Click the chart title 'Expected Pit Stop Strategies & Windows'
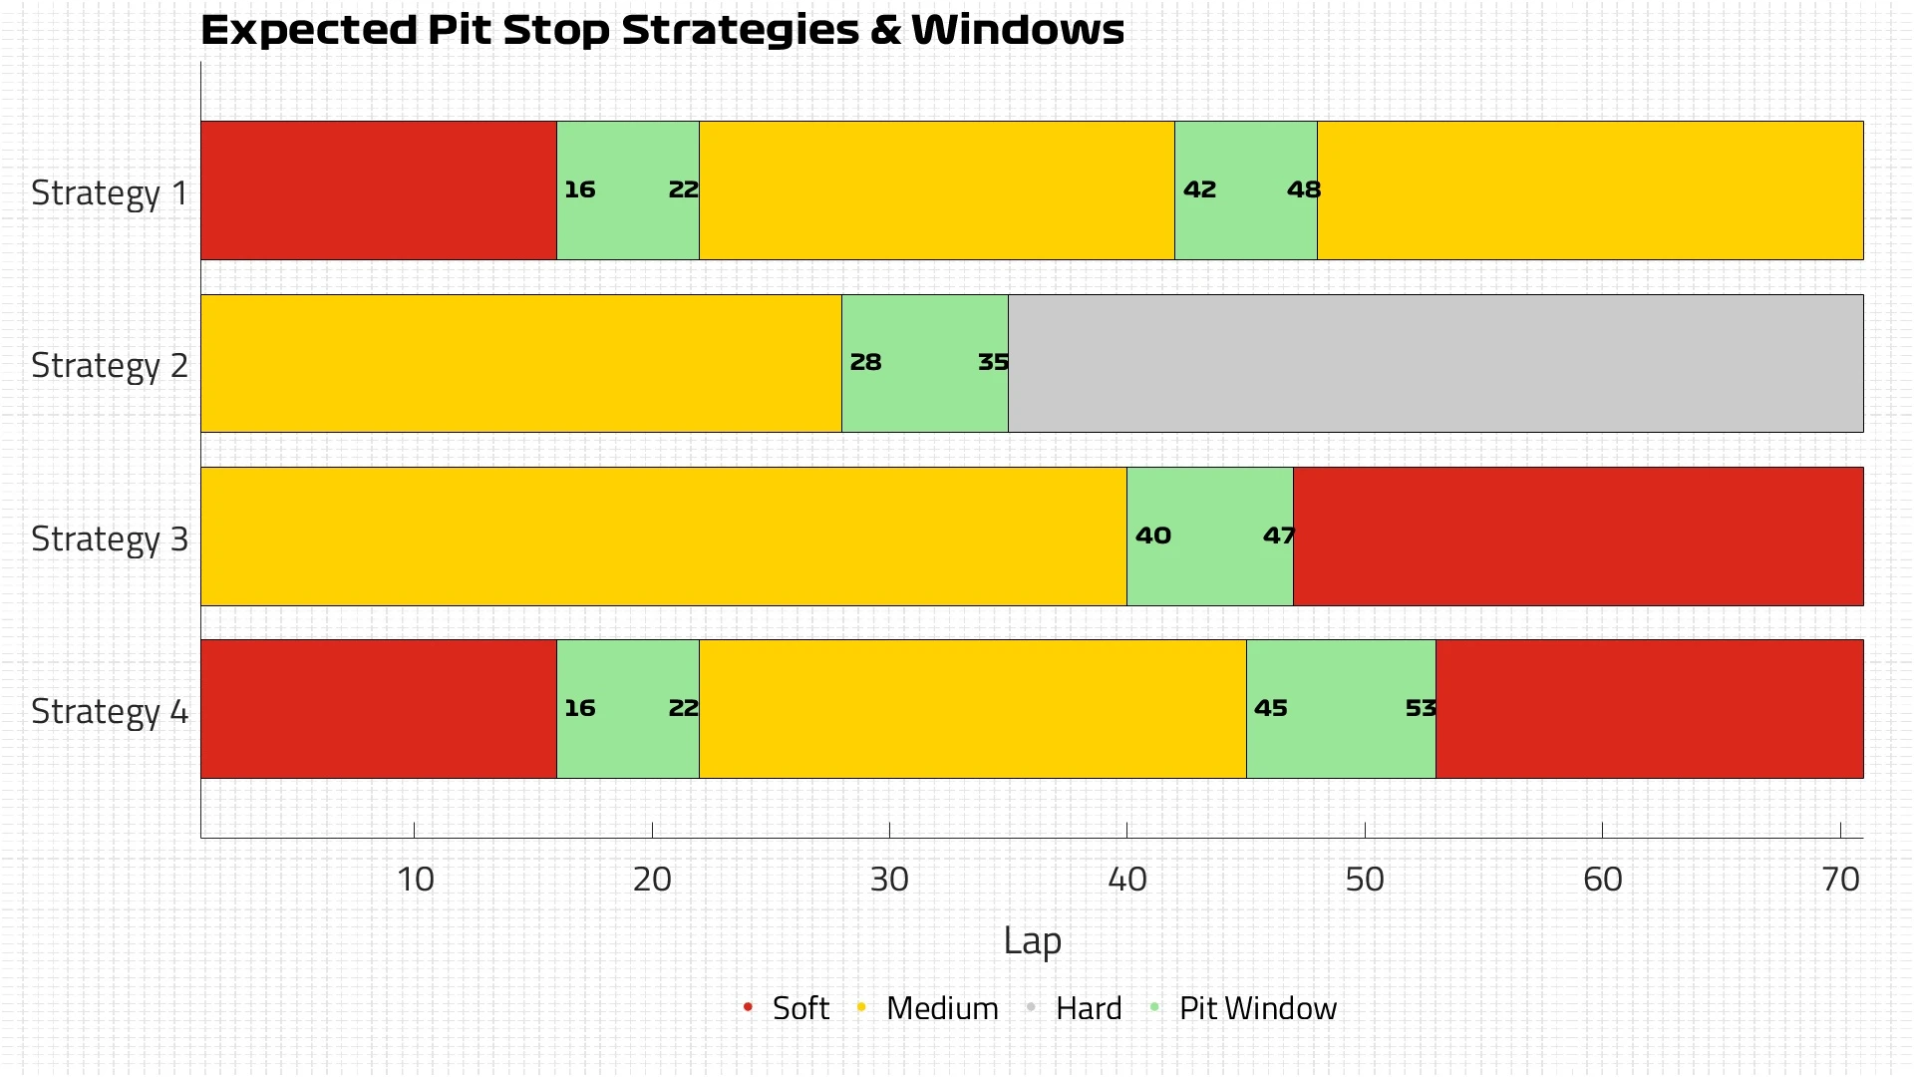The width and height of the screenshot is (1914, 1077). [x=662, y=30]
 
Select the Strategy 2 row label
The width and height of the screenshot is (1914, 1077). [x=109, y=365]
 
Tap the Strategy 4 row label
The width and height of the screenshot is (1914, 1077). [x=109, y=711]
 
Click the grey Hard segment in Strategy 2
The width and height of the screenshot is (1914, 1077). [x=1435, y=363]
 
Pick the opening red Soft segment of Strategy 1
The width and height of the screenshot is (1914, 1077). [x=378, y=190]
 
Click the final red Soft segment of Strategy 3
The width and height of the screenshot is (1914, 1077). [x=1578, y=537]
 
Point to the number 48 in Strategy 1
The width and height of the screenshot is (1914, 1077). [x=1303, y=189]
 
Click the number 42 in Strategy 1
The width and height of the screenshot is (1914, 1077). [x=1199, y=189]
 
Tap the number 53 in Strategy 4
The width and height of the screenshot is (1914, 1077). [x=1421, y=708]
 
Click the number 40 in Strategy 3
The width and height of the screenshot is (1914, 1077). [x=1152, y=536]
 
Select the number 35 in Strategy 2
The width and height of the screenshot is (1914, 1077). [x=993, y=362]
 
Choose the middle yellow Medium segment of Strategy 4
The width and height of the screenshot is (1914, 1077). [x=972, y=709]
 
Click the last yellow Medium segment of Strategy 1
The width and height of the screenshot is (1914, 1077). [x=1590, y=190]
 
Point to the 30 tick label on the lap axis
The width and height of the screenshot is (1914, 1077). [x=889, y=880]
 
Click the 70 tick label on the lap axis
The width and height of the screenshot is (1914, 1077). [x=1840, y=880]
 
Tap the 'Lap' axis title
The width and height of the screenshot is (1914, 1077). [x=1032, y=940]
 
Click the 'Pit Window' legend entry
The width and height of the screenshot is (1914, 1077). [x=1256, y=1008]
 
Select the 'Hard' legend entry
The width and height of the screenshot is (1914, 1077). [x=1088, y=1008]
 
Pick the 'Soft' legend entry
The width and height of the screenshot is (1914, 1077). [x=799, y=1008]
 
